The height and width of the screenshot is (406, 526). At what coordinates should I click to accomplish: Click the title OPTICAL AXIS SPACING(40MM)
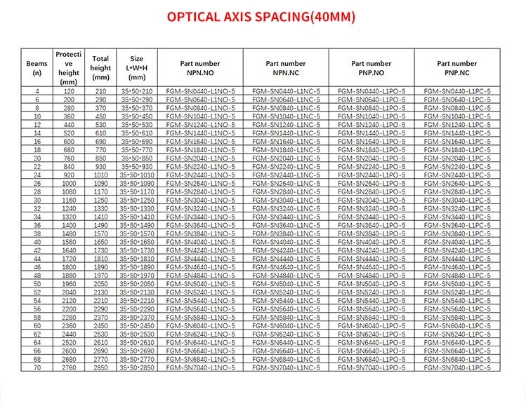coord(261,16)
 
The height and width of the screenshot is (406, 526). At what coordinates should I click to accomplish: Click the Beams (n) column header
coord(37,67)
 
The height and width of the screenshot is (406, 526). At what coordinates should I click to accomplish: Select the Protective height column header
coord(69,67)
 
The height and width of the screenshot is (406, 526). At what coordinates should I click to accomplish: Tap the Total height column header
coord(100,67)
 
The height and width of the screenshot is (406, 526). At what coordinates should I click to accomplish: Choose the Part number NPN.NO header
coord(201,67)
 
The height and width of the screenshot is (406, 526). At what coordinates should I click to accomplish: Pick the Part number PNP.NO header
coord(371,67)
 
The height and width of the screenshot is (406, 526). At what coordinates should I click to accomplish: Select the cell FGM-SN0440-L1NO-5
coord(201,91)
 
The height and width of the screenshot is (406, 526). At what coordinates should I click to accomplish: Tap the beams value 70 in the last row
coord(37,367)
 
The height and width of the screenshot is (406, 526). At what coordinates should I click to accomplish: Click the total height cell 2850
coord(100,367)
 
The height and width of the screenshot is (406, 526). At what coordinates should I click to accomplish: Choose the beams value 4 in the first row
coord(37,91)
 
